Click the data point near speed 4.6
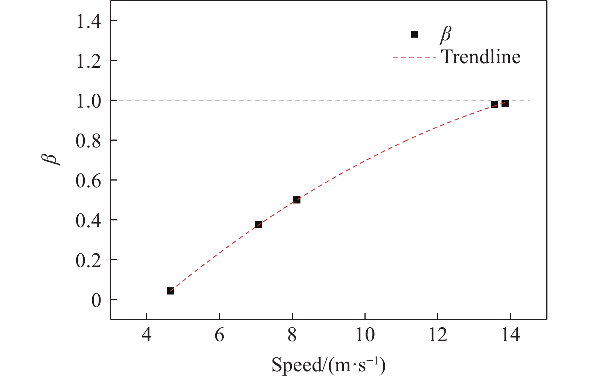[x=170, y=291]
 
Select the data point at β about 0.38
[x=258, y=225]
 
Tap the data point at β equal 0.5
[x=297, y=200]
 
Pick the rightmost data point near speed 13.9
[x=505, y=103]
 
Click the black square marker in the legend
[x=415, y=34]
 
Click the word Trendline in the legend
[x=481, y=57]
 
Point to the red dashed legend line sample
[x=415, y=57]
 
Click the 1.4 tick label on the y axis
[x=88, y=21]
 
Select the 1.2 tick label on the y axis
[x=88, y=61]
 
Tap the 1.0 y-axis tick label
[x=88, y=100]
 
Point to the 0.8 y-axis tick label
[x=88, y=140]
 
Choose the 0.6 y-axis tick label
[x=88, y=180]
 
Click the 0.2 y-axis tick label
[x=88, y=260]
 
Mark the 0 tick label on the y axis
[x=96, y=300]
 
